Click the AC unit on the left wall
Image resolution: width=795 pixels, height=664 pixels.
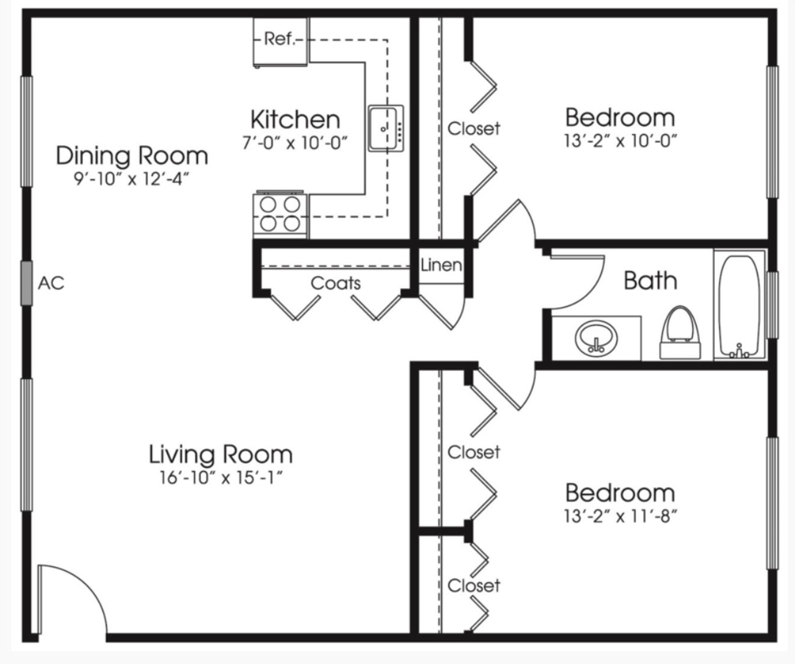pyautogui.click(x=26, y=283)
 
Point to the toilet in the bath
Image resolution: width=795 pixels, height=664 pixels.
pyautogui.click(x=680, y=333)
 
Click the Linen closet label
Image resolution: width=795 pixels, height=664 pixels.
pyautogui.click(x=441, y=265)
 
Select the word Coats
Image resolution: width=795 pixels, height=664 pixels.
pyautogui.click(x=336, y=283)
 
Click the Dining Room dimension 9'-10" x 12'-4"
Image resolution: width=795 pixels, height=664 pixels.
pyautogui.click(x=132, y=179)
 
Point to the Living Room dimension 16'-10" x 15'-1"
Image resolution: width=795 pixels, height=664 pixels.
pyautogui.click(x=221, y=478)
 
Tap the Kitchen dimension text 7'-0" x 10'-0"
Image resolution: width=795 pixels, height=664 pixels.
pyautogui.click(x=295, y=143)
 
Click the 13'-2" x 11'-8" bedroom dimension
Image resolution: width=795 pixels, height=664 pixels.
pyautogui.click(x=620, y=516)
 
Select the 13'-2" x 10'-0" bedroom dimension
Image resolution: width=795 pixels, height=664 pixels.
pyautogui.click(x=620, y=141)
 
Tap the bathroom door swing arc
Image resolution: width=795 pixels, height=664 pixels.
pyautogui.click(x=580, y=286)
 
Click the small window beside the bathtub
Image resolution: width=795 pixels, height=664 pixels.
pyautogui.click(x=773, y=305)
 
